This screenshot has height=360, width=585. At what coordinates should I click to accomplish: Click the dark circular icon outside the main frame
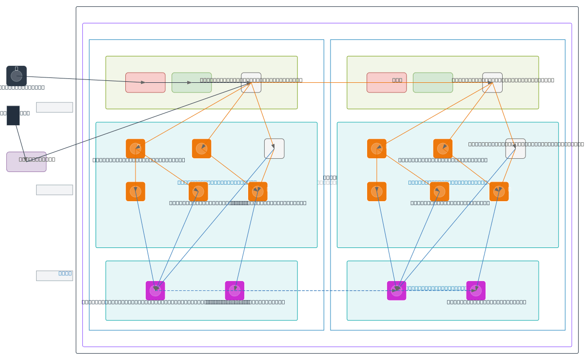click(x=17, y=76)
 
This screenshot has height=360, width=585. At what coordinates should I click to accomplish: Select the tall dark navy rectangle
click(x=13, y=115)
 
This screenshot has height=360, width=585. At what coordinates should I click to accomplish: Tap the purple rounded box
click(x=26, y=162)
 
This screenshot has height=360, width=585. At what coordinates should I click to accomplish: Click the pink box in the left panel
click(x=145, y=82)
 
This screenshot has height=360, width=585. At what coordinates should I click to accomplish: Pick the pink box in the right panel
click(x=387, y=82)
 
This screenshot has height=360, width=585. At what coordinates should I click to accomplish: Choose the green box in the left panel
click(x=192, y=82)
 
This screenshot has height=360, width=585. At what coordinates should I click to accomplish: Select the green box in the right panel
click(x=433, y=82)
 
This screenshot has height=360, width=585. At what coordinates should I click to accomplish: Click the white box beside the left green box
click(x=251, y=82)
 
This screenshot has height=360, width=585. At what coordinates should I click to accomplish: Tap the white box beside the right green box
click(x=492, y=82)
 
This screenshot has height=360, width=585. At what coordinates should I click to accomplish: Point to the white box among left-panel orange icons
click(x=274, y=149)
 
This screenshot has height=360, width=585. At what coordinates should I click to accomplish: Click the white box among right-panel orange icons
click(x=516, y=149)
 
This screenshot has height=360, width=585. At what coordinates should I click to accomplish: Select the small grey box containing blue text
click(x=55, y=276)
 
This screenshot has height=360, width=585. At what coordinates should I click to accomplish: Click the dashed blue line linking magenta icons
click(x=312, y=291)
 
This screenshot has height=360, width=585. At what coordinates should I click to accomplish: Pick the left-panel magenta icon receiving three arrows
click(x=156, y=291)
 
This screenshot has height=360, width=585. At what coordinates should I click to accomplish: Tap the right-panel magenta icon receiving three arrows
click(x=397, y=291)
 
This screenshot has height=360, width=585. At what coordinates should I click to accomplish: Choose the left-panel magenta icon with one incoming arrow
click(x=234, y=291)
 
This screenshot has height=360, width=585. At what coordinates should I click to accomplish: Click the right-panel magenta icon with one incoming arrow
click(x=476, y=291)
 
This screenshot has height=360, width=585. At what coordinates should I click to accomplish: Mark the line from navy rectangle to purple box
click(x=20, y=141)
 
